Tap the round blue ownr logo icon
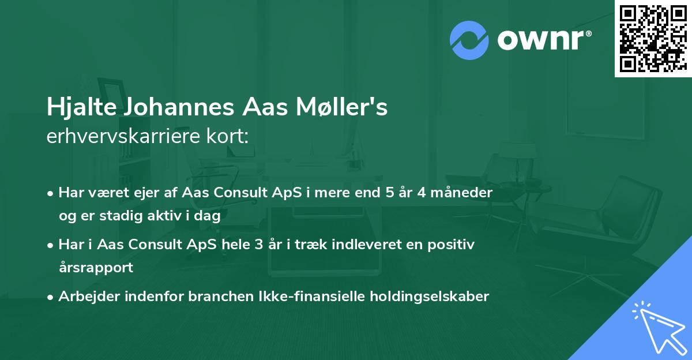point(469,40)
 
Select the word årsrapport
point(96,268)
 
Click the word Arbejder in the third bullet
point(85,297)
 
